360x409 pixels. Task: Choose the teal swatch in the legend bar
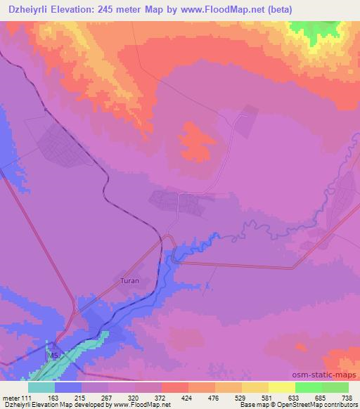click(x=41, y=387)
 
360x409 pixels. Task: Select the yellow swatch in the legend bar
click(x=282, y=387)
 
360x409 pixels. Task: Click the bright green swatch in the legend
click(x=309, y=387)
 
